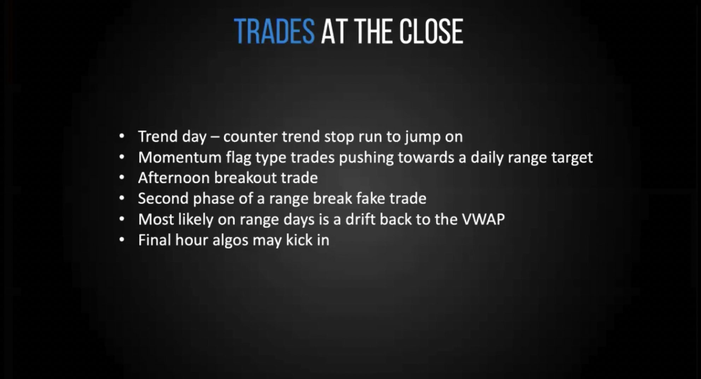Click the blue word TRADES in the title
click(x=274, y=31)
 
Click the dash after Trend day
click(x=214, y=137)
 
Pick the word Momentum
click(x=179, y=157)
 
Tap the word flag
click(x=238, y=157)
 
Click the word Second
click(x=163, y=199)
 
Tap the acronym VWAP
click(x=483, y=220)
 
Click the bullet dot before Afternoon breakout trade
click(x=122, y=177)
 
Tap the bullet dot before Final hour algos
click(x=122, y=240)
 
